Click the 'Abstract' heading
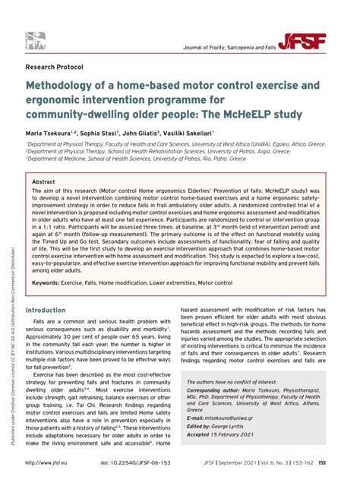click(x=43, y=183)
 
